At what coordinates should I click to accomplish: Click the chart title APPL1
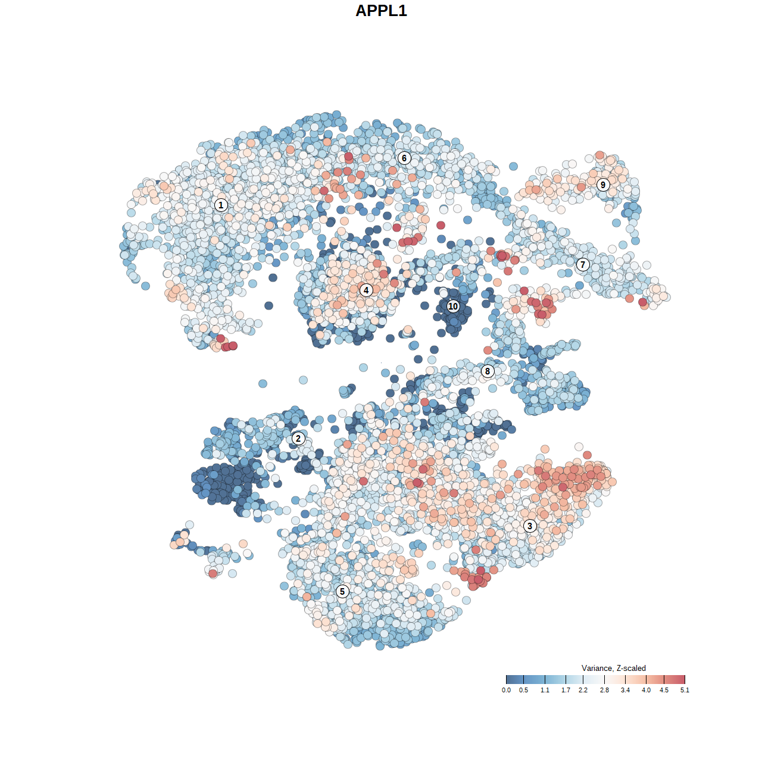coord(381,11)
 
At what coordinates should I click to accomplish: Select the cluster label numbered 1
coord(221,205)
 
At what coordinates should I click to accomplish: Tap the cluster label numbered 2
coord(298,439)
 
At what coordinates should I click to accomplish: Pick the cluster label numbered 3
coord(530,526)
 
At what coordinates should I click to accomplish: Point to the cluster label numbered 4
coord(366,290)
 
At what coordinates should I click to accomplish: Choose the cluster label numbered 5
coord(342,591)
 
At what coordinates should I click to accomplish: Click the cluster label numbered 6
coord(404,158)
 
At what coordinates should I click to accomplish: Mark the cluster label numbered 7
coord(583,265)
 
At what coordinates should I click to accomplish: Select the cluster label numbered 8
coord(488,371)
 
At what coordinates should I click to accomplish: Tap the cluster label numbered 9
coord(603,185)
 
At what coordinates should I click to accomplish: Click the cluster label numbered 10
coord(453,307)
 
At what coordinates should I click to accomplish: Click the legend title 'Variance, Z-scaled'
coord(613,668)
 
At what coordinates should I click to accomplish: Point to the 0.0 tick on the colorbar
coord(506,690)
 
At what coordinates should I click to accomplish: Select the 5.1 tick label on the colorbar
coord(685,690)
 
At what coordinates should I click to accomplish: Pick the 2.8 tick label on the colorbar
coord(604,690)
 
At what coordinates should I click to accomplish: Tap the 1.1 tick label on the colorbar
coord(545,690)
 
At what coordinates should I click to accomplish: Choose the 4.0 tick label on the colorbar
coord(646,690)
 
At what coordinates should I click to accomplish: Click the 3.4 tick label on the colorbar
coord(625,690)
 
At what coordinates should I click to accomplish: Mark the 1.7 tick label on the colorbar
coord(566,690)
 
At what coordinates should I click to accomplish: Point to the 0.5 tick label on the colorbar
coord(523,690)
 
